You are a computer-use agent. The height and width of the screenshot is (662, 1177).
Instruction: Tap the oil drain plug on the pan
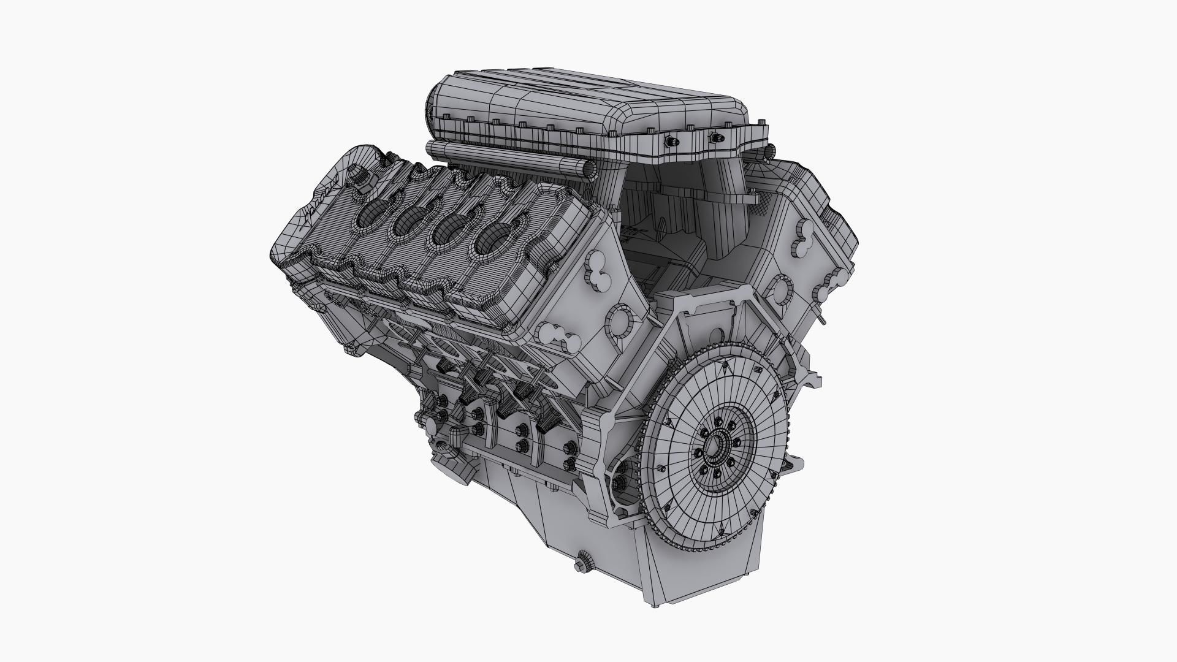tap(584, 562)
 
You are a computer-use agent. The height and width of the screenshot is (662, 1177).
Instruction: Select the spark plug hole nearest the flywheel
tap(491, 240)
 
